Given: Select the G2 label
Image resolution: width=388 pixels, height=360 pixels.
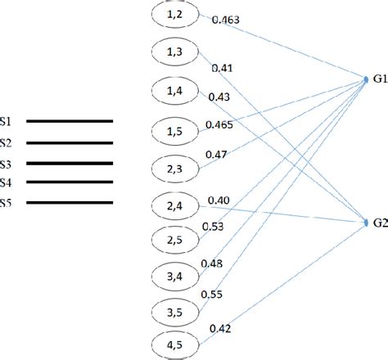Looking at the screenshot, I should pyautogui.click(x=379, y=223).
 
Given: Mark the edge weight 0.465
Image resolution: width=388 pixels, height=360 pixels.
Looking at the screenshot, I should pyautogui.click(x=221, y=124).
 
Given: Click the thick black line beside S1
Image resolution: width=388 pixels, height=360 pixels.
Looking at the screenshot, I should pyautogui.click(x=70, y=121).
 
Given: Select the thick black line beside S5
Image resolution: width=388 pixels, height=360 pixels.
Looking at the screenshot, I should pyautogui.click(x=70, y=203).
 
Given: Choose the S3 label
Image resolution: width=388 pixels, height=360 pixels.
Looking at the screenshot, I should pyautogui.click(x=6, y=163).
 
